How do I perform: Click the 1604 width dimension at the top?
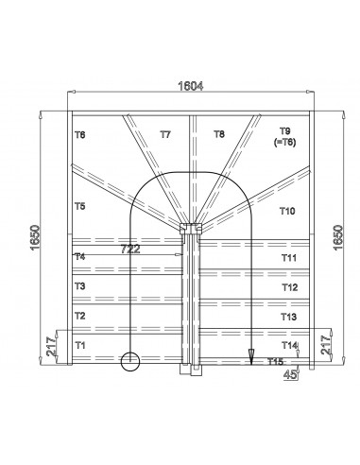coord(192,86)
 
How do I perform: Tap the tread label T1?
coord(80,345)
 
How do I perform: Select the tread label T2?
coord(80,316)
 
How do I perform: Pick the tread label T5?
coord(80,205)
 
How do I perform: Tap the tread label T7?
coord(165,135)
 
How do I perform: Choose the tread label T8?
coord(219,135)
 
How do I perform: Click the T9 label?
coord(285,130)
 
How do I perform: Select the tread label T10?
coord(288,212)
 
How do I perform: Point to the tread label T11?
coord(289,257)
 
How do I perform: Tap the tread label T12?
coord(289,286)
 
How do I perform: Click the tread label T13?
coord(289,317)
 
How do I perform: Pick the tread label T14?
coord(289,345)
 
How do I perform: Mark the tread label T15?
coord(276,362)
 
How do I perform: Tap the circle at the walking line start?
coord(129,360)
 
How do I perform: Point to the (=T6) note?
coord(284,141)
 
